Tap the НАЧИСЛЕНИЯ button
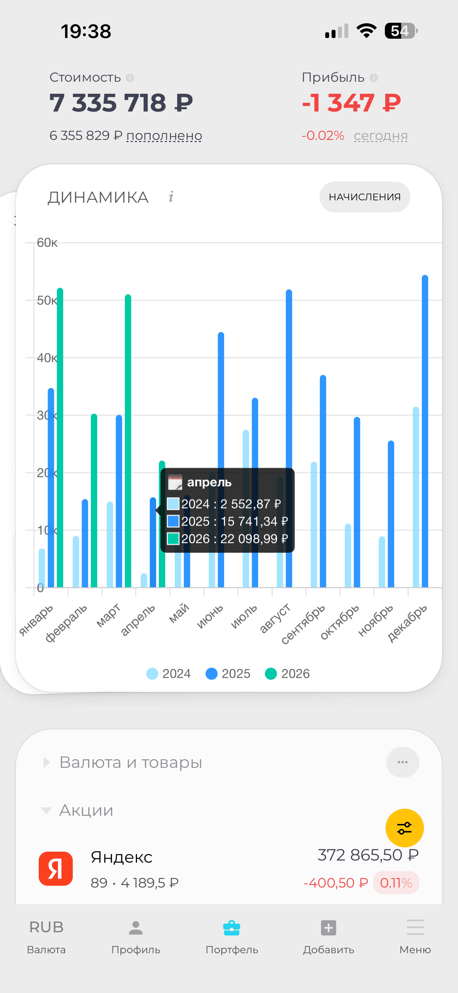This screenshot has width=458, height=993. pos(365,197)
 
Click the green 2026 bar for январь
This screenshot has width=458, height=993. pos(60,438)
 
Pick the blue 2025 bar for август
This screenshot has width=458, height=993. pos(289,439)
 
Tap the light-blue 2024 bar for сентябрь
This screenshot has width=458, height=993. pos(314,525)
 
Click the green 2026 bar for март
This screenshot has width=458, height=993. pos(128,441)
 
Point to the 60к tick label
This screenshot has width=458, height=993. pos(47,243)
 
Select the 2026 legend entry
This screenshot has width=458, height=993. pos(288,673)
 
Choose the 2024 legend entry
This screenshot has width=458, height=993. pos(169,673)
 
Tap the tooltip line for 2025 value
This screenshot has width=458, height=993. pos(228,521)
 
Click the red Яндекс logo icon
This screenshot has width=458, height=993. pos(56,868)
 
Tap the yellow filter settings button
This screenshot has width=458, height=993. pos(404,827)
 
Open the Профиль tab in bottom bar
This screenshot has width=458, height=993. pos(136,937)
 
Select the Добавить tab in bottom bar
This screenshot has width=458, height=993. pos(328,937)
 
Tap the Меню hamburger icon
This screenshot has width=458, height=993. pos(415,927)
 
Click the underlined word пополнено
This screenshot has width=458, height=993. pos(164,136)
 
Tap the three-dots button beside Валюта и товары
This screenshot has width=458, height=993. pos(403,762)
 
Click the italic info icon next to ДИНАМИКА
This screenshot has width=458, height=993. pos(171,197)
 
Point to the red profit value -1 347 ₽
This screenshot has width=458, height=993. pos(351,103)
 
